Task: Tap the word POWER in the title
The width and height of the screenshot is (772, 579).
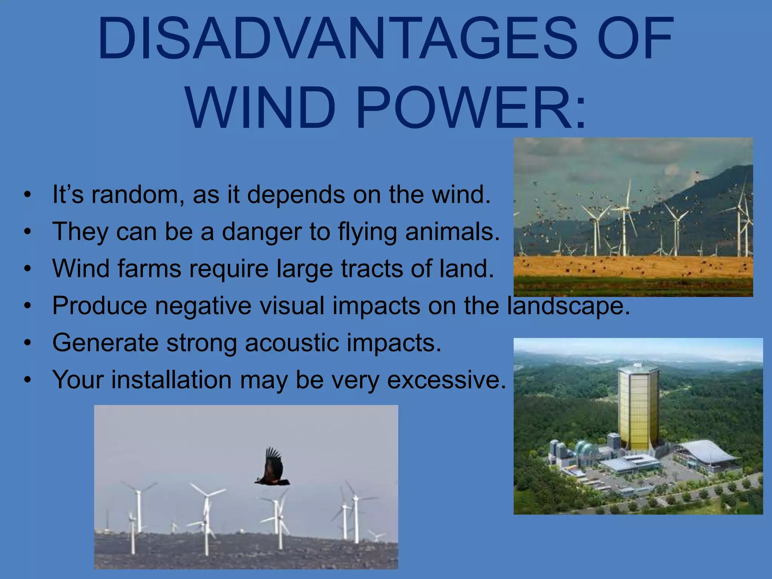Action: pyautogui.click(x=471, y=108)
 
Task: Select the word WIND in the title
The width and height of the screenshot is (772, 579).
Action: pyautogui.click(x=260, y=108)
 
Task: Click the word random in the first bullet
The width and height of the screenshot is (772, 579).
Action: pyautogui.click(x=138, y=195)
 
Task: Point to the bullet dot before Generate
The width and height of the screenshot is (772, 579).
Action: pyautogui.click(x=27, y=343)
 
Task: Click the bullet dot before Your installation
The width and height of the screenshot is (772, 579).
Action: pyautogui.click(x=27, y=380)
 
